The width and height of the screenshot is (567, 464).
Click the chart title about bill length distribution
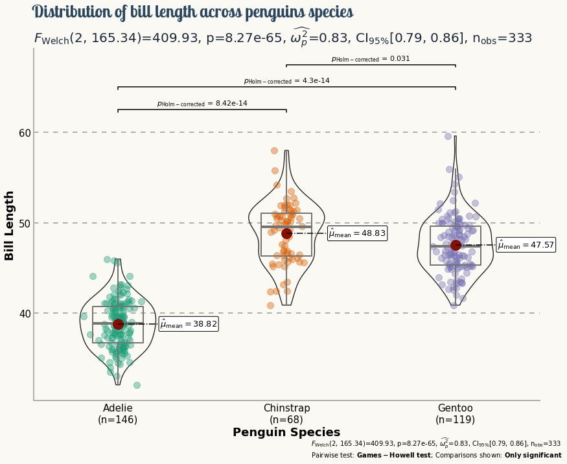click(x=192, y=12)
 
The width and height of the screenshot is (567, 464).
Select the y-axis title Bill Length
click(x=10, y=226)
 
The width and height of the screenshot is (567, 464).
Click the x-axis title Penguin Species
click(x=286, y=432)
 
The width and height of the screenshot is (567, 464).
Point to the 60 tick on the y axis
click(x=25, y=133)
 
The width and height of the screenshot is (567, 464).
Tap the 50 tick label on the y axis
click(x=25, y=223)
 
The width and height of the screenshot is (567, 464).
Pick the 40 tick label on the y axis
click(x=25, y=314)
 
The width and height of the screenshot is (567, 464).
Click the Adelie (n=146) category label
click(x=118, y=413)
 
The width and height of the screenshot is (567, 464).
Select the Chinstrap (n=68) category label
click(x=286, y=413)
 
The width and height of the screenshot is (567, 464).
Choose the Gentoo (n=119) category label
click(x=456, y=413)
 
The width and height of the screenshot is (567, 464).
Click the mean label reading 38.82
click(x=189, y=324)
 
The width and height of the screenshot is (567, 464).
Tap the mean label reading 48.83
click(x=357, y=233)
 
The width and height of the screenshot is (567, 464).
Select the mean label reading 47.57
click(x=526, y=245)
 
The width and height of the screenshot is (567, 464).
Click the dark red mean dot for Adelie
click(x=118, y=324)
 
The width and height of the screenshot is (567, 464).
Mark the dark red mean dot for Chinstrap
click(x=286, y=233)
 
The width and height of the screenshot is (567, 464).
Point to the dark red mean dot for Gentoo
click(x=456, y=245)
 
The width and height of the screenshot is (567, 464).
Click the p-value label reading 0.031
click(x=371, y=59)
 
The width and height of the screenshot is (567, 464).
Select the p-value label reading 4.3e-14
click(x=286, y=81)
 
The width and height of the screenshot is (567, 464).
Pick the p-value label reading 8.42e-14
click(x=202, y=104)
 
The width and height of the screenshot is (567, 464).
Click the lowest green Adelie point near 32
click(x=137, y=385)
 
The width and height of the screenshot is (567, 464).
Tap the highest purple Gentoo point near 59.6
click(x=448, y=136)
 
